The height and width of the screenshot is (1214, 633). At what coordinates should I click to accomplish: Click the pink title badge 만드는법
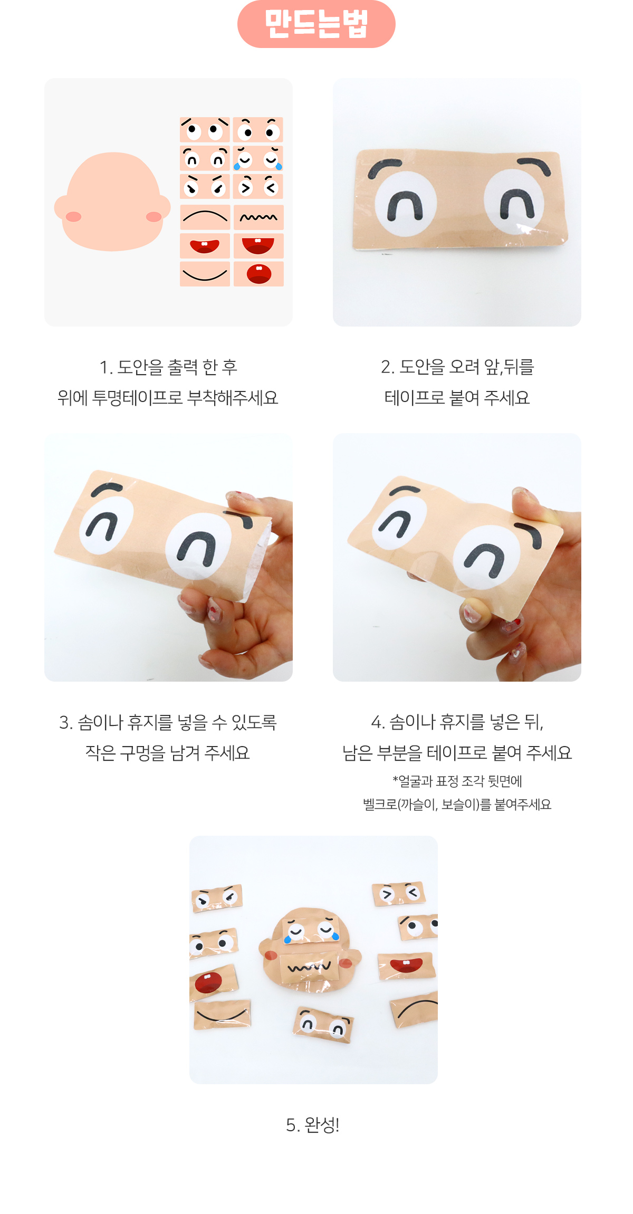click(x=316, y=24)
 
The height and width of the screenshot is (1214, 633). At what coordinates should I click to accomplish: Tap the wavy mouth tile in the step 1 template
click(x=258, y=217)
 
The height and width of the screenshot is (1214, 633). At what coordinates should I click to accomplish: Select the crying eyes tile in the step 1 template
click(x=258, y=158)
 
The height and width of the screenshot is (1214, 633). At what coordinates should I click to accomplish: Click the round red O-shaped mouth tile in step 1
click(x=258, y=274)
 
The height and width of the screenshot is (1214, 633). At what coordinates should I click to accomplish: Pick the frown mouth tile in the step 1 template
click(x=205, y=217)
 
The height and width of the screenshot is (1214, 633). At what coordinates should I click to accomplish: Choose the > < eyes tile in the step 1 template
click(x=258, y=186)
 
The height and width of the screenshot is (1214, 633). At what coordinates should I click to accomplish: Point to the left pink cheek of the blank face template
click(x=73, y=216)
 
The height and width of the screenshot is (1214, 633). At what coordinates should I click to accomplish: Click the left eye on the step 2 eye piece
click(x=406, y=203)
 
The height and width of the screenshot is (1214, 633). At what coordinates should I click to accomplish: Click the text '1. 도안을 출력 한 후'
click(x=168, y=367)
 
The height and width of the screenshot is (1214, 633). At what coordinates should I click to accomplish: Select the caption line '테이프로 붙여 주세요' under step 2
click(x=457, y=397)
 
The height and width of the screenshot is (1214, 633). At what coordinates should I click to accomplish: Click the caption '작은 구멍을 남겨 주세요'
click(x=168, y=752)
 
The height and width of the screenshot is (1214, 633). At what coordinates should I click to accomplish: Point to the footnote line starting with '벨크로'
click(x=457, y=804)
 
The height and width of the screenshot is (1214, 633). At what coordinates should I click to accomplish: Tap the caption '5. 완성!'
click(x=313, y=1125)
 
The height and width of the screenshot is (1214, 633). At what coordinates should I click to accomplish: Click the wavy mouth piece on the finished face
click(x=309, y=967)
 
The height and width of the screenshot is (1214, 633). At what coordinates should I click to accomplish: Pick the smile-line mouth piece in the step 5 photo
click(x=222, y=1014)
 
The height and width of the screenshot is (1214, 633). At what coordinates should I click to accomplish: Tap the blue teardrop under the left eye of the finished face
click(x=288, y=939)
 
